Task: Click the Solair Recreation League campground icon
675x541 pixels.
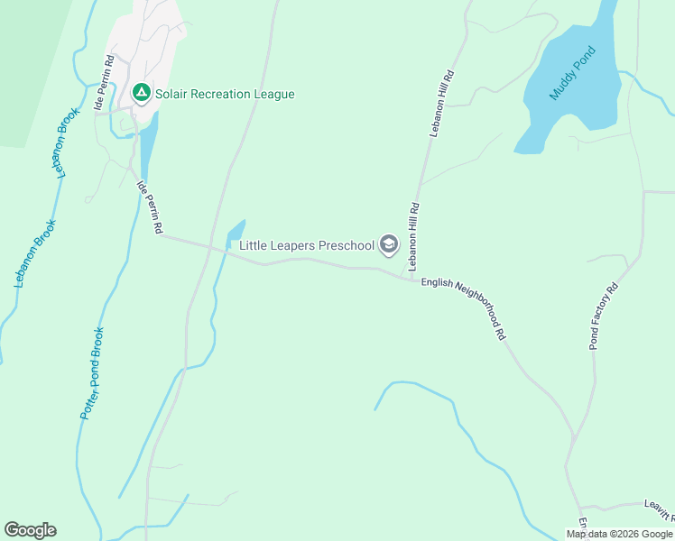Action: pyautogui.click(x=141, y=92)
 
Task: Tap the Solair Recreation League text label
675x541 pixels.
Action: pyautogui.click(x=225, y=94)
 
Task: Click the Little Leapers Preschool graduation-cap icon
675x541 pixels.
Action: pyautogui.click(x=389, y=244)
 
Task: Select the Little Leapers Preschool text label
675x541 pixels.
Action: pyautogui.click(x=306, y=245)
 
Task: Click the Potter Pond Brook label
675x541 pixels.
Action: pyautogui.click(x=93, y=372)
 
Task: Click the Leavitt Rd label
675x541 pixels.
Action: pyautogui.click(x=659, y=509)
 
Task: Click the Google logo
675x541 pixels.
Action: pyautogui.click(x=31, y=530)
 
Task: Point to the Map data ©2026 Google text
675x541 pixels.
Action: pyautogui.click(x=619, y=534)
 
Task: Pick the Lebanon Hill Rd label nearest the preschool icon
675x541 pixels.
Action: pyautogui.click(x=414, y=236)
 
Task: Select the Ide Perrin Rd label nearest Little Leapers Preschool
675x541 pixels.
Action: pyautogui.click(x=149, y=208)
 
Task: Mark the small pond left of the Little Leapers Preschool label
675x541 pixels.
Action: pyautogui.click(x=236, y=232)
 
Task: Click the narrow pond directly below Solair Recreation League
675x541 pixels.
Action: pyautogui.click(x=148, y=144)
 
